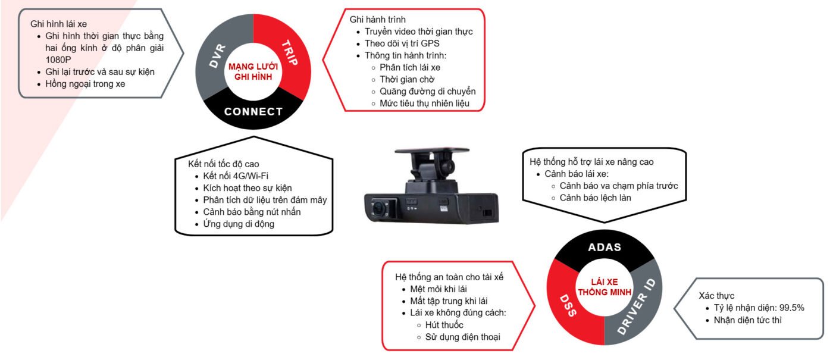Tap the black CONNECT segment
click(x=253, y=111)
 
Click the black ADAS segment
click(x=605, y=247)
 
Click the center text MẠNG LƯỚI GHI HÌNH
click(x=253, y=71)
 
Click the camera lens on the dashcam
click(x=378, y=208)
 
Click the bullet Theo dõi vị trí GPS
click(x=402, y=43)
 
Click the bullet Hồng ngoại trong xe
click(x=85, y=84)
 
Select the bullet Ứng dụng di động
click(x=239, y=224)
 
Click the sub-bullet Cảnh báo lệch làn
click(x=595, y=198)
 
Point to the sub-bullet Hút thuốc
click(x=444, y=325)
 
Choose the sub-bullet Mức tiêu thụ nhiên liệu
click(x=424, y=103)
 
